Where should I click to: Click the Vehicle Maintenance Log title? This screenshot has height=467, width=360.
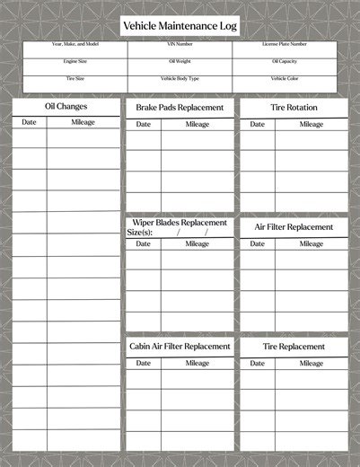tap(180, 27)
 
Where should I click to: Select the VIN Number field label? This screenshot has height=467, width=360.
tap(180, 44)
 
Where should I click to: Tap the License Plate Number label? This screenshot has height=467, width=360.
tap(285, 44)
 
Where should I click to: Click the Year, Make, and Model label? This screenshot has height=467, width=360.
tap(75, 44)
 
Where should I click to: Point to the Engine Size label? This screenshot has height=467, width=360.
tap(75, 61)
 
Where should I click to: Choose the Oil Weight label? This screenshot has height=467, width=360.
tap(180, 61)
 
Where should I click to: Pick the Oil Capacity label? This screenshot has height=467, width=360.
tap(285, 61)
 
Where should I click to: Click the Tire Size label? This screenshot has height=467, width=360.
tap(75, 78)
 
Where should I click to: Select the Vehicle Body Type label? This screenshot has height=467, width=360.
tap(180, 78)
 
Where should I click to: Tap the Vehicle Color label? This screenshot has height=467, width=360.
tap(285, 78)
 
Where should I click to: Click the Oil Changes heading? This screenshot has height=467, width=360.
tap(66, 107)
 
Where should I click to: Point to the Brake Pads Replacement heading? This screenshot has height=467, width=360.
tap(180, 108)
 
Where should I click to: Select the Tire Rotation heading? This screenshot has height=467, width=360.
tap(294, 108)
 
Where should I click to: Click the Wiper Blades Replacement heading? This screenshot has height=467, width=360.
tap(180, 222)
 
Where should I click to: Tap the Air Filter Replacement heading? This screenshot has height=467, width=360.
tap(294, 227)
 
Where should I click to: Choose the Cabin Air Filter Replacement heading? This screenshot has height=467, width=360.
tap(180, 346)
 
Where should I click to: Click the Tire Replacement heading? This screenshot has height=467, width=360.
tap(294, 346)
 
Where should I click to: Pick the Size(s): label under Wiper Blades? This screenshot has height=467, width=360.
tap(140, 233)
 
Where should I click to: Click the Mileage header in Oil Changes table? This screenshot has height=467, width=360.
tap(83, 122)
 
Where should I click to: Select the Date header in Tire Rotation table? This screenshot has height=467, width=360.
tap(257, 124)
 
